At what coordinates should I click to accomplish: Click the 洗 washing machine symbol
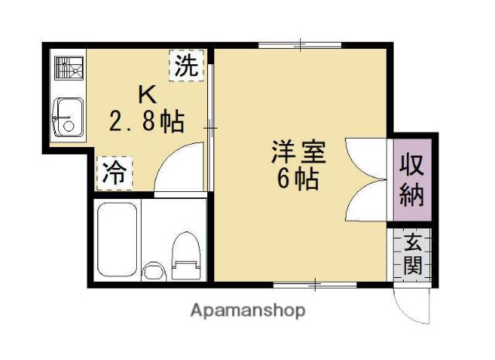[x=186, y=65]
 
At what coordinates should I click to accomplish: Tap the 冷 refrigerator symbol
[x=114, y=172]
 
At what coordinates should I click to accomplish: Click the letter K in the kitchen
[x=147, y=95]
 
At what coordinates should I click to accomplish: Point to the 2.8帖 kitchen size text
[x=146, y=122]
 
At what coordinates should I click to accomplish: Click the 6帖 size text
[x=298, y=179]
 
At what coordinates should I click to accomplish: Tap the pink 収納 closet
[x=411, y=180]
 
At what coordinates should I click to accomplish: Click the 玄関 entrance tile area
[x=411, y=255]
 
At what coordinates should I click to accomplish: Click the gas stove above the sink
[x=68, y=70]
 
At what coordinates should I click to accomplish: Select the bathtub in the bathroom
[x=118, y=241]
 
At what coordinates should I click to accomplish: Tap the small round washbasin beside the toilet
[x=154, y=270]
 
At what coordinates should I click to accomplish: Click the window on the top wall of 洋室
[x=299, y=46]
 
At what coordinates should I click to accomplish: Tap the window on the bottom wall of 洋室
[x=315, y=286]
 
